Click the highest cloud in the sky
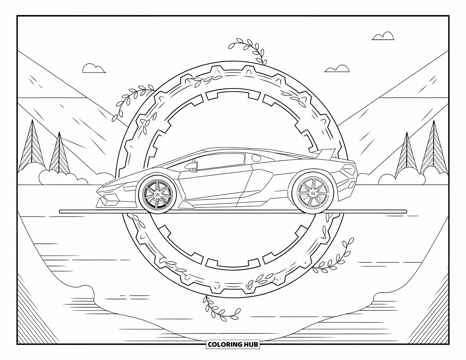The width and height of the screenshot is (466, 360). [x=383, y=36]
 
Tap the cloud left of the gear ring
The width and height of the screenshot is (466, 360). [x=94, y=69]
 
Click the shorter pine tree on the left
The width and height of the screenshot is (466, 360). [x=59, y=154]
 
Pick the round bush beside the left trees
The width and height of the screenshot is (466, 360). [x=58, y=178]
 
